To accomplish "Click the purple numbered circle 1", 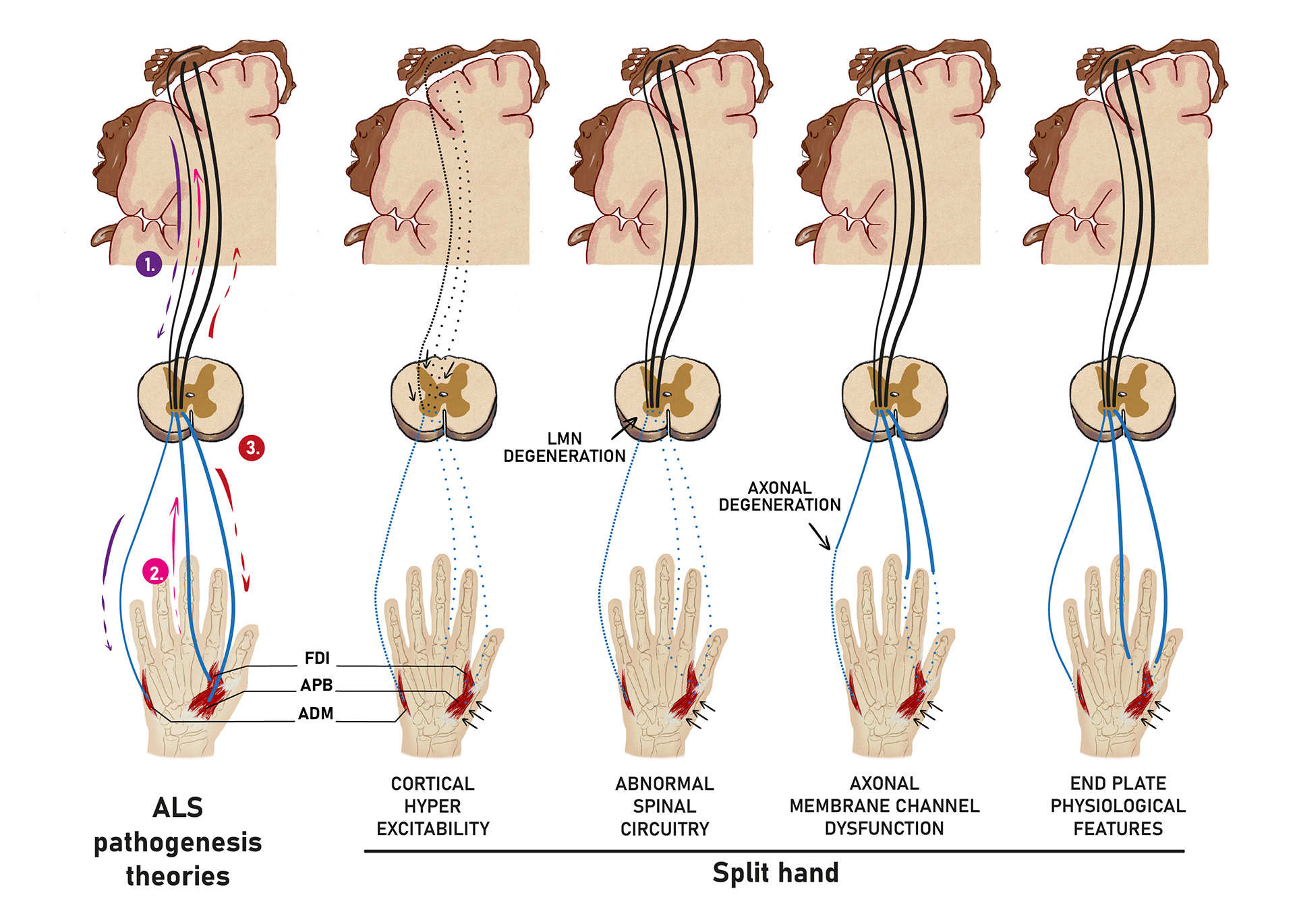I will (x=149, y=264).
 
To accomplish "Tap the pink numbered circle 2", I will (x=155, y=573).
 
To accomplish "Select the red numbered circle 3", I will (x=252, y=448).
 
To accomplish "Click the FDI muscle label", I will (x=317, y=658).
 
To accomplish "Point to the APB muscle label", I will (x=316, y=685).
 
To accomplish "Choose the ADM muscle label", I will (x=316, y=714).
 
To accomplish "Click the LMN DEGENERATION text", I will (x=565, y=448).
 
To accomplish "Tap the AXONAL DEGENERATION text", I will (x=780, y=496).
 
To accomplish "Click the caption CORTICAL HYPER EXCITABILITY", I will (x=433, y=806).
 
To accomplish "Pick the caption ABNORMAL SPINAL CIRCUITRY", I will (x=664, y=806).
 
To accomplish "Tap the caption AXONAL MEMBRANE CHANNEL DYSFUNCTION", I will (x=884, y=806).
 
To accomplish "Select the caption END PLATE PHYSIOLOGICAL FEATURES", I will (x=1118, y=806).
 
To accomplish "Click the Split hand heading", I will (x=776, y=873).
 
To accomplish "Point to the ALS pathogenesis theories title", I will (x=178, y=842).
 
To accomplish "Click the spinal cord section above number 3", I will (x=190, y=398).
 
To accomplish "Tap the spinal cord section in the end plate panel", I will (x=1122, y=399).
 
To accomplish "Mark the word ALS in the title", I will (x=178, y=808).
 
